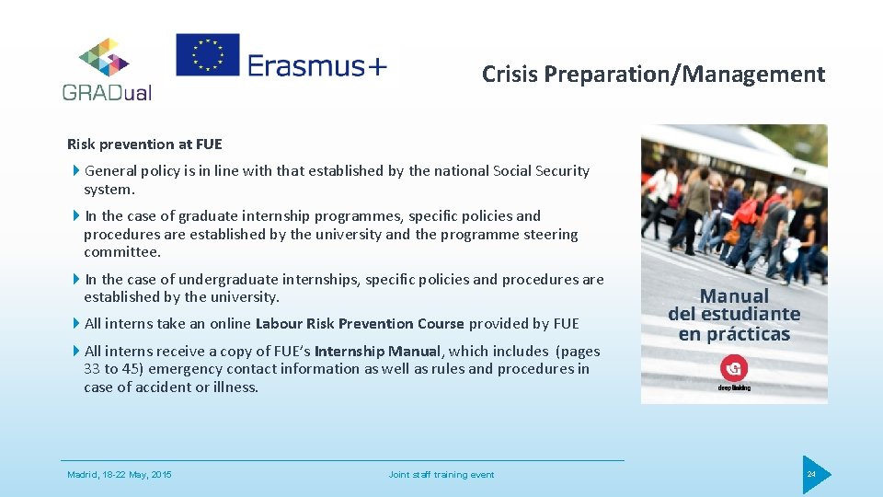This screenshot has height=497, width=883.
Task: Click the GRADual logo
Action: tap(107, 69)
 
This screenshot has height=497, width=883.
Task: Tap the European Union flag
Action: tap(208, 54)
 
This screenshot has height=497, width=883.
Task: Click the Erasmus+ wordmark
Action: tap(318, 65)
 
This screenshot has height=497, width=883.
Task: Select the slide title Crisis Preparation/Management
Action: tap(653, 75)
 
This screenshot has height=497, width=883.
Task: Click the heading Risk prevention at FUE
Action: tap(144, 144)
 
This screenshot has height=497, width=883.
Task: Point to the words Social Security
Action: tap(541, 171)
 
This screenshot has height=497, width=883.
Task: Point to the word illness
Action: tap(235, 387)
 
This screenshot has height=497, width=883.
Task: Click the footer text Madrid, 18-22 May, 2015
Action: tap(120, 475)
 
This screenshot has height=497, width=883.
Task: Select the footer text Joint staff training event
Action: tap(441, 475)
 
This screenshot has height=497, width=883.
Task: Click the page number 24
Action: tap(811, 474)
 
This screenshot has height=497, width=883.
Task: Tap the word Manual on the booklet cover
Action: tap(734, 296)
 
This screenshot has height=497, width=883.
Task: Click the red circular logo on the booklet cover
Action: tap(734, 368)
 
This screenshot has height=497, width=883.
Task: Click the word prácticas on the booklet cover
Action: tap(748, 334)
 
